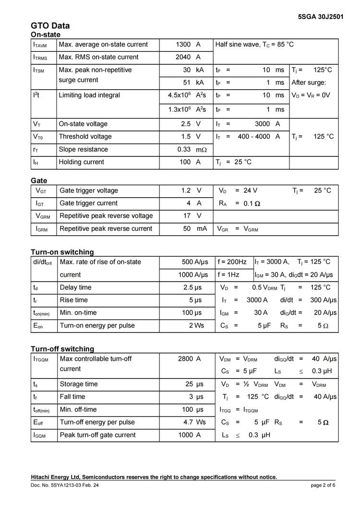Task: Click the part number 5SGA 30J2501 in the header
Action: click(x=320, y=16)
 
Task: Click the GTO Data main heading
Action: click(x=50, y=26)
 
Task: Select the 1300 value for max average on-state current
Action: click(x=183, y=45)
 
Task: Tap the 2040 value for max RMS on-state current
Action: click(x=183, y=57)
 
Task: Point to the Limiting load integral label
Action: click(x=89, y=95)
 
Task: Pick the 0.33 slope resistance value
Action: click(x=184, y=149)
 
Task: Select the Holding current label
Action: click(x=81, y=162)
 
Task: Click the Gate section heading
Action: click(x=39, y=180)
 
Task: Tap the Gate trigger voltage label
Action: click(x=88, y=190)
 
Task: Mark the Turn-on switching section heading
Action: click(x=62, y=252)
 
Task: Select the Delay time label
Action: click(x=75, y=287)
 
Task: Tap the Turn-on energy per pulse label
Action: click(x=97, y=325)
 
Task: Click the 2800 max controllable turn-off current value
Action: click(x=185, y=359)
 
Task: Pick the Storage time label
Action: click(x=79, y=384)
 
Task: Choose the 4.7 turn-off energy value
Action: click(x=188, y=422)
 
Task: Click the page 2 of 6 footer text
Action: click(x=323, y=485)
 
